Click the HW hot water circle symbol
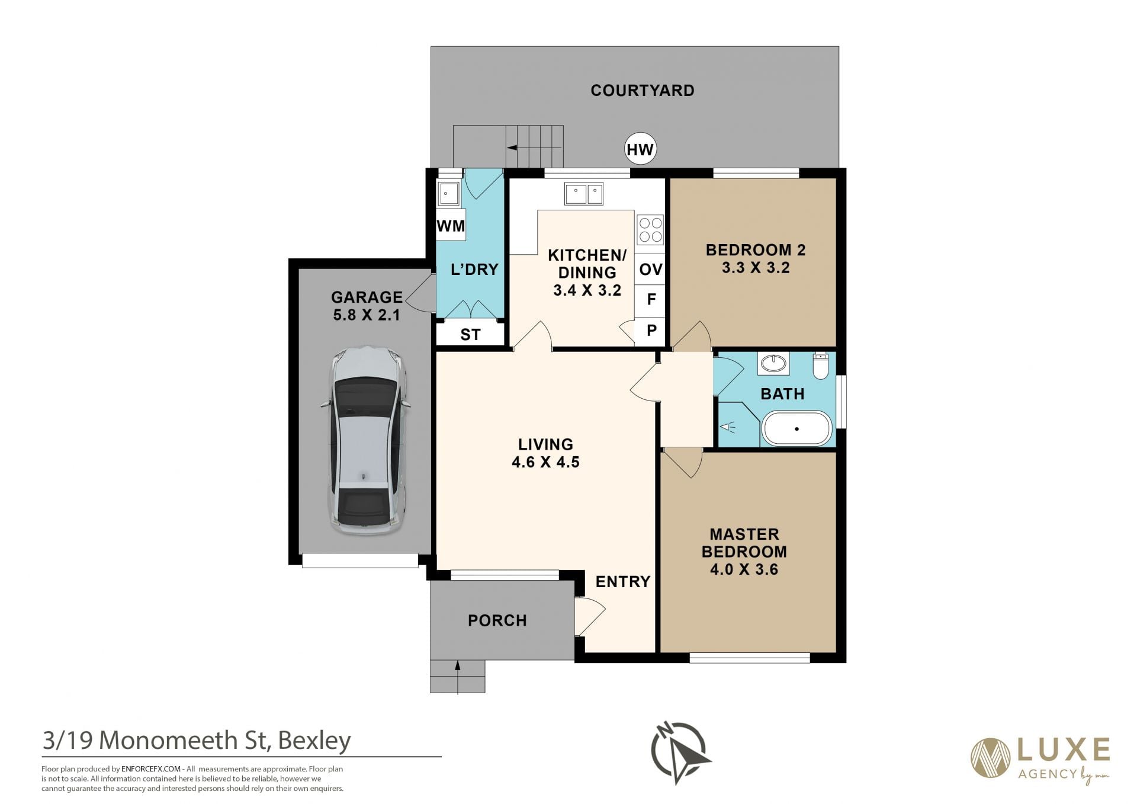click(640, 149)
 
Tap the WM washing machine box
click(451, 225)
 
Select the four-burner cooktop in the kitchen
click(650, 230)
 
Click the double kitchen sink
click(584, 194)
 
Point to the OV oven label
click(651, 270)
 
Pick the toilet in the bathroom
click(821, 366)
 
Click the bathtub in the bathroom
click(796, 428)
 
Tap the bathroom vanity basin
click(773, 363)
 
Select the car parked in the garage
click(367, 440)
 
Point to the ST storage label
click(470, 335)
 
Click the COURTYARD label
click(643, 91)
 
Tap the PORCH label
click(497, 620)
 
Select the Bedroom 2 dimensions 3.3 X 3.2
click(756, 268)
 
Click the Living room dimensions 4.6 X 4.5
click(545, 462)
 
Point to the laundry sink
click(448, 193)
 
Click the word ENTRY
click(623, 582)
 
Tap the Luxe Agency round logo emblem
click(990, 758)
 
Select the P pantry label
click(651, 331)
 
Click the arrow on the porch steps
click(458, 676)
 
